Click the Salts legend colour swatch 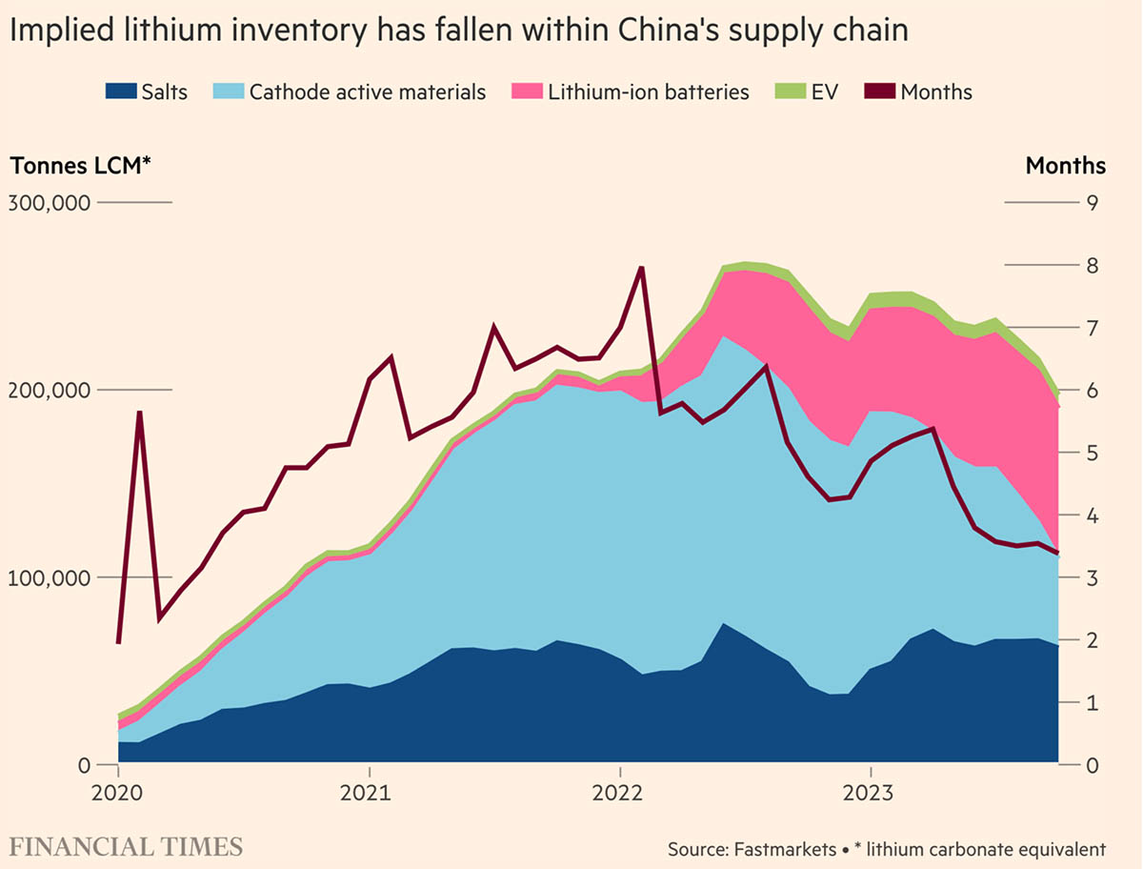(119, 92)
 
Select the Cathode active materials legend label (367, 92)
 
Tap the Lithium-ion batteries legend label (649, 92)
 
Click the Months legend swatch (879, 92)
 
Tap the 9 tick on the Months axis (1093, 203)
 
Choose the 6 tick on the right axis (1093, 391)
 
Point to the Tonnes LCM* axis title (81, 165)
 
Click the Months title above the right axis (1066, 165)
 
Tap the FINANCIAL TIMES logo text (127, 846)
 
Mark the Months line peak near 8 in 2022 (641, 268)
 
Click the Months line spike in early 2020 (139, 413)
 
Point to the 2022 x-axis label (620, 794)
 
